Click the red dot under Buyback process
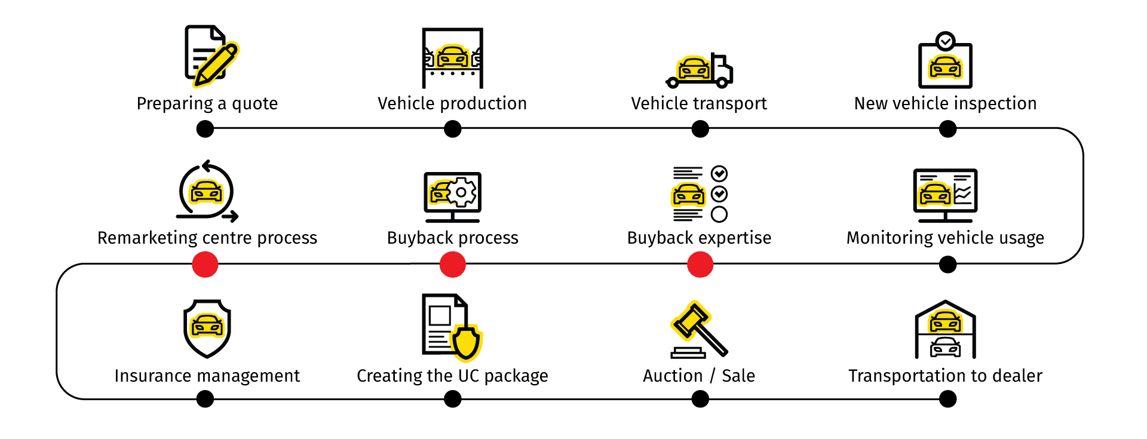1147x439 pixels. pyautogui.click(x=452, y=265)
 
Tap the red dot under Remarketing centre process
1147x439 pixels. pyautogui.click(x=205, y=265)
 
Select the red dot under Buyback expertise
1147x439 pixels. pyautogui.click(x=700, y=265)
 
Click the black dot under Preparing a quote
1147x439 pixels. pyautogui.click(x=205, y=128)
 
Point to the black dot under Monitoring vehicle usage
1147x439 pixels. pyautogui.click(x=947, y=265)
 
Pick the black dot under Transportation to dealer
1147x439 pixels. pyautogui.click(x=947, y=399)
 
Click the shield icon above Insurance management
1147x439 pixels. pyautogui.click(x=207, y=329)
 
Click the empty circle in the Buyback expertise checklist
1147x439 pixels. pyautogui.click(x=719, y=214)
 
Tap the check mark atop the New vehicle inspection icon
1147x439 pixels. pyautogui.click(x=945, y=41)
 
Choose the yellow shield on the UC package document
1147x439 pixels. pyautogui.click(x=467, y=343)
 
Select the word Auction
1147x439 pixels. pyautogui.click(x=673, y=376)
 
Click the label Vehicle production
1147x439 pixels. pyautogui.click(x=452, y=103)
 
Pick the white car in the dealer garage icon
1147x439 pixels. pyautogui.click(x=946, y=347)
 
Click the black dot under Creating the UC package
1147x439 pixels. pyautogui.click(x=452, y=399)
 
